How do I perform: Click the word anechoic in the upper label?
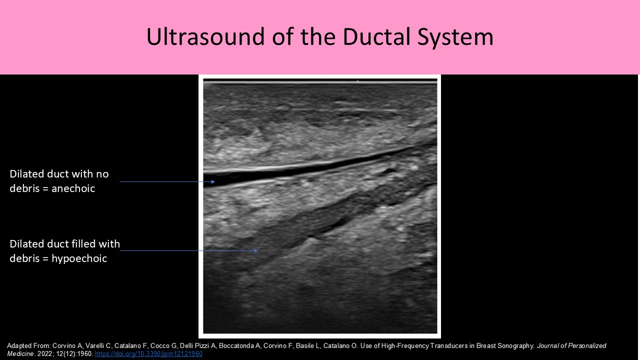click(x=73, y=188)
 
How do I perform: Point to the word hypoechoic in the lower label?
click(x=79, y=258)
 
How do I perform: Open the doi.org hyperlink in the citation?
click(x=148, y=354)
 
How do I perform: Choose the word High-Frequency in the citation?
click(x=399, y=346)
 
